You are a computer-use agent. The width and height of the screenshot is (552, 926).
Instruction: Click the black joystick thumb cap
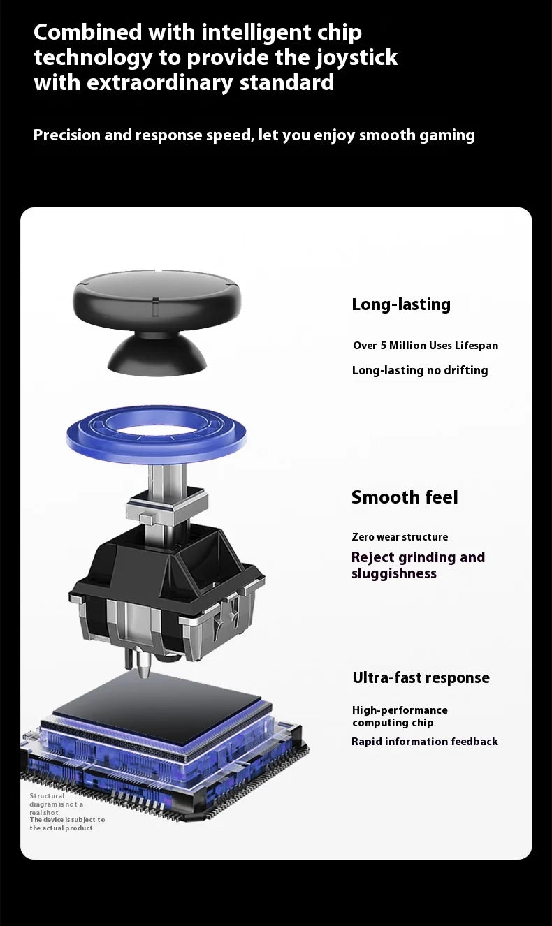pos(157,314)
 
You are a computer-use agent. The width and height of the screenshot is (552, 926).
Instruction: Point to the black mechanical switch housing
pos(166,591)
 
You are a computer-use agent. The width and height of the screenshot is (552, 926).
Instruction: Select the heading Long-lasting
pos(401,304)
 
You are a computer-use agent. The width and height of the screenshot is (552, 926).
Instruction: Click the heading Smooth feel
pos(405,497)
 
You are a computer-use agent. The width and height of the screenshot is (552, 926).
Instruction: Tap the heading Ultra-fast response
pos(421,677)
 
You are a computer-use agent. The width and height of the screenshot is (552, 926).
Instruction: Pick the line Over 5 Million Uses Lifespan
pos(426,346)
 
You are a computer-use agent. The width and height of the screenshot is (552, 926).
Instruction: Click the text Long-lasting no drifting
pos(420,370)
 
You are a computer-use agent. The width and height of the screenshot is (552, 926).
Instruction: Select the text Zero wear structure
pos(400,537)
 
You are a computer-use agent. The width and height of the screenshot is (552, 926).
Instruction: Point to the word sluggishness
pos(394,574)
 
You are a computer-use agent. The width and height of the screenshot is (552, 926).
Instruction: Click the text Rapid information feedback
pos(425,742)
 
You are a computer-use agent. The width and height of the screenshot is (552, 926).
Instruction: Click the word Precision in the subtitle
pos(67,135)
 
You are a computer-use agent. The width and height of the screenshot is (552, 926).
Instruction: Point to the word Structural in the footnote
pos(47,796)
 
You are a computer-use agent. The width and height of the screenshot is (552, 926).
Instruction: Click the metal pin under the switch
pos(143,663)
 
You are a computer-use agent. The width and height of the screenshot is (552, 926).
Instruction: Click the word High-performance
pos(400,710)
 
